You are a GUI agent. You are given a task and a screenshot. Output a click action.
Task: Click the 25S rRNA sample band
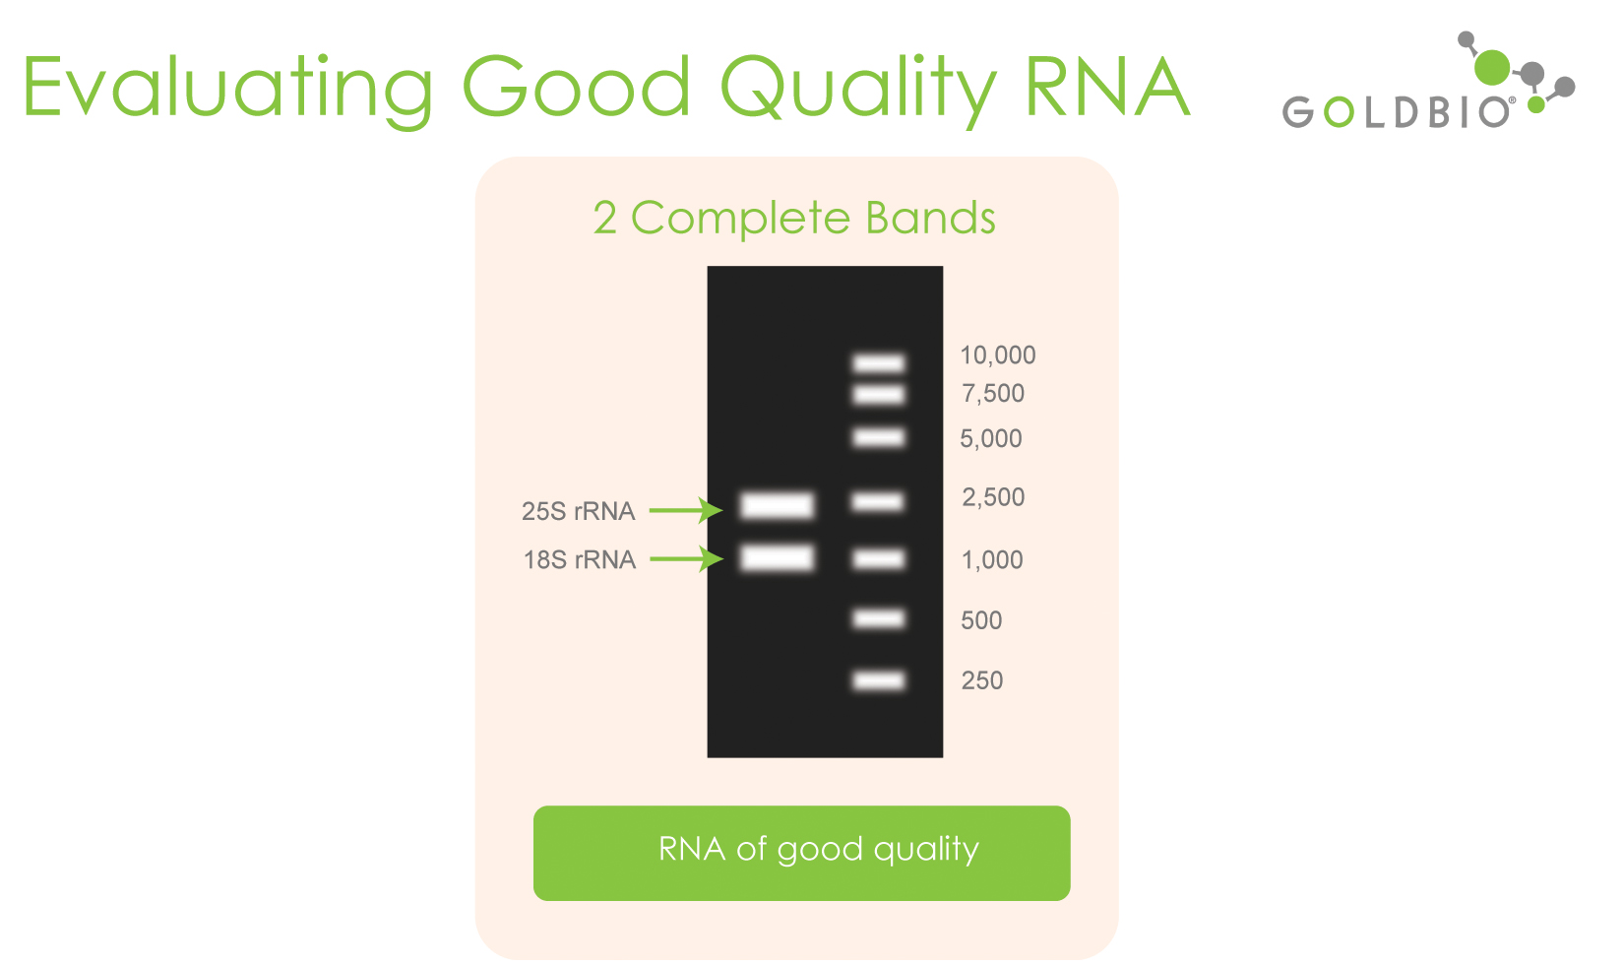point(777,505)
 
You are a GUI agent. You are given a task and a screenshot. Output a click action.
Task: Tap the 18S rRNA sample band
point(777,557)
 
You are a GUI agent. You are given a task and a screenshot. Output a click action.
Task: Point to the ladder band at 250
point(878,680)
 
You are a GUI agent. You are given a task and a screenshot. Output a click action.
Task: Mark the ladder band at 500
point(878,618)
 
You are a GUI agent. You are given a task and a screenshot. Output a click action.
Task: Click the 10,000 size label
point(998,355)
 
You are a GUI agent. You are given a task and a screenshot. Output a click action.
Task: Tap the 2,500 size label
point(993,497)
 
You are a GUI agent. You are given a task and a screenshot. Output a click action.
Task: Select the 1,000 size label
point(992,559)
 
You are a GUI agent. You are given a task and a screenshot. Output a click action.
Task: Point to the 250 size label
point(981,680)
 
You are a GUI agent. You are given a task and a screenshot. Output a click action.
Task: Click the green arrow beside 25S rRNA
point(685,510)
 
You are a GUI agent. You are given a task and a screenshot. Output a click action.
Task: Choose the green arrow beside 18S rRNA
point(686,558)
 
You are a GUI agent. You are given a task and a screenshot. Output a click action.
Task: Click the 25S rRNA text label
point(578,511)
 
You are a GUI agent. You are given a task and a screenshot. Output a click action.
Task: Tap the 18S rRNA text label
point(579,559)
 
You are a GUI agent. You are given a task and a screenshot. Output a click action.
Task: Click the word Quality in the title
point(859,89)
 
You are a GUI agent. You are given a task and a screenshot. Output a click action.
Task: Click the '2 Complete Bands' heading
point(794,218)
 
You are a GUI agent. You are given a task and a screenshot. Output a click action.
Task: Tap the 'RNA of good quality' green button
point(801,853)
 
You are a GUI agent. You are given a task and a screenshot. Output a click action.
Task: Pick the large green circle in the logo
point(1492,67)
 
